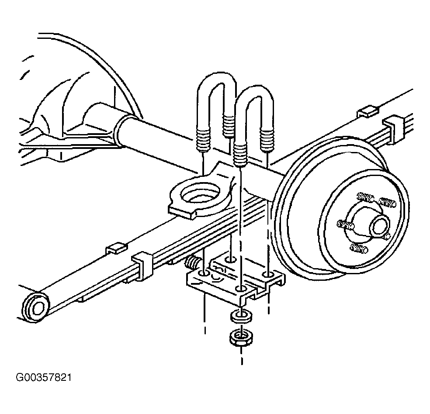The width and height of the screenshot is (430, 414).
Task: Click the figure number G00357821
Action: (x=44, y=378)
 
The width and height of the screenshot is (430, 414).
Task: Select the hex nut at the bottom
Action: (x=241, y=338)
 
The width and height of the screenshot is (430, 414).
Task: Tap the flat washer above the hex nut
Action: (x=241, y=316)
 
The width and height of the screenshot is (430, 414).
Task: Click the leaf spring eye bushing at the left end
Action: (x=36, y=307)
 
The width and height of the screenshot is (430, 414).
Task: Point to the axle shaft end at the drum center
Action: (x=380, y=224)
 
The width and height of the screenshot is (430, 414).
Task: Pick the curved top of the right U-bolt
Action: (x=255, y=91)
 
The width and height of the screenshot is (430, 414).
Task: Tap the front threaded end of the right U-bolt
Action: (x=240, y=154)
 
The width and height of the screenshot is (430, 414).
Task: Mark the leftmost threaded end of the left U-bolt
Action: (x=203, y=140)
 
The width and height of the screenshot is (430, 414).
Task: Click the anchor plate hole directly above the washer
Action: (x=241, y=289)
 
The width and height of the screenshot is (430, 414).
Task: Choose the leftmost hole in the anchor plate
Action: (x=204, y=273)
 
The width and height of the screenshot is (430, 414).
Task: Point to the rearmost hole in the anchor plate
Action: (x=230, y=259)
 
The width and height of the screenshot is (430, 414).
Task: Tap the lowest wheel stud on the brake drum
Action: (x=359, y=248)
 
